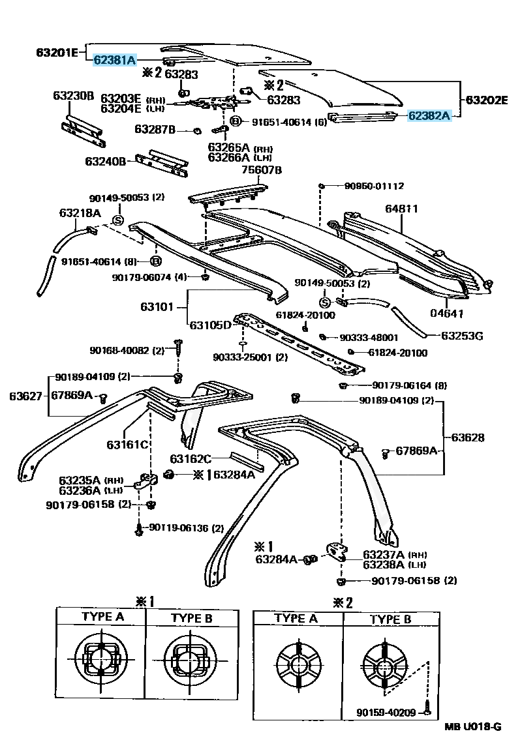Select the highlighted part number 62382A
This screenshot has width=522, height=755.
pyautogui.click(x=429, y=116)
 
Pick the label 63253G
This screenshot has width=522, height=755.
pyautogui.click(x=462, y=336)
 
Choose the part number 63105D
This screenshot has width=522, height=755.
pyautogui.click(x=210, y=325)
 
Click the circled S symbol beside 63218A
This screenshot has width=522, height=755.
pyautogui.click(x=118, y=220)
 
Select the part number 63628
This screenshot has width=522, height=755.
pyautogui.click(x=465, y=437)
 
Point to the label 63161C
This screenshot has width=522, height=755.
pyautogui.click(x=127, y=445)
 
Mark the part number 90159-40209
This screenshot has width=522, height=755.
pyautogui.click(x=386, y=713)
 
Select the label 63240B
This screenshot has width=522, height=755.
pyautogui.click(x=105, y=160)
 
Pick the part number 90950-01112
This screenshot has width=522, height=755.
pyautogui.click(x=375, y=186)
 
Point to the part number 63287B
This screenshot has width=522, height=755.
pyautogui.click(x=155, y=130)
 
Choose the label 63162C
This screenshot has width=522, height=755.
pyautogui.click(x=191, y=459)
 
